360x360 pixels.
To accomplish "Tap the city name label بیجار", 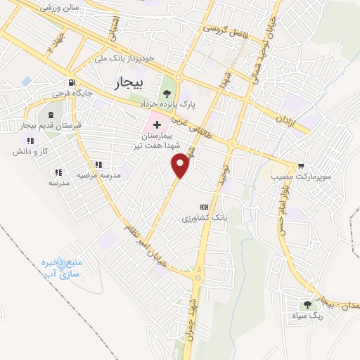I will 127,84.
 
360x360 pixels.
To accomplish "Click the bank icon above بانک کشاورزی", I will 204,207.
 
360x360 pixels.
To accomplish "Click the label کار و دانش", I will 33,151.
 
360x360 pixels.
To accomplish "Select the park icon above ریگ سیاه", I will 307,304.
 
